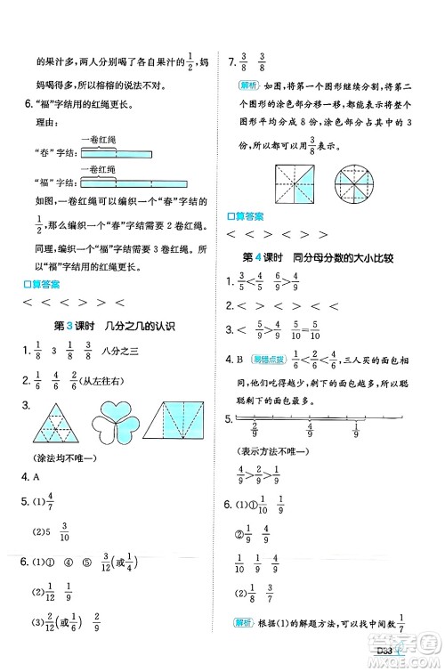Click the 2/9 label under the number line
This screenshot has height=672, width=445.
[259, 434]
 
